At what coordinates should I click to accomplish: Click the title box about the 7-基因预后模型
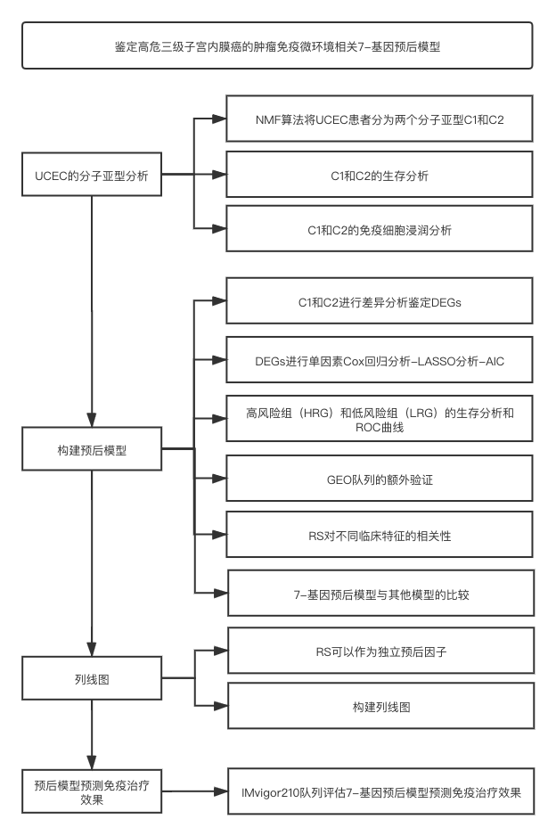277,45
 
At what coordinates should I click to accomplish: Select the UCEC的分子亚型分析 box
92,175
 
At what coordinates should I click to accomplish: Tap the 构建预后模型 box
92,449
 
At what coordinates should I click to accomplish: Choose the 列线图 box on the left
92,678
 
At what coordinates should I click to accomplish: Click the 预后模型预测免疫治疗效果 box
92,791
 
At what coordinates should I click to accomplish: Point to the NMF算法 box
380,119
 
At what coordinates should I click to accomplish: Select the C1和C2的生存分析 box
380,175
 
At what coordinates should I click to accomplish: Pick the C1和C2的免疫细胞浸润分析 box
380,229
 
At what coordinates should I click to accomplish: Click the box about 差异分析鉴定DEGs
380,300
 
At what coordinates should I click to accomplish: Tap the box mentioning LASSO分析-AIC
380,360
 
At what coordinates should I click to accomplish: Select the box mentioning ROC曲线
380,419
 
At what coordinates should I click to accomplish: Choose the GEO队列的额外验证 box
380,479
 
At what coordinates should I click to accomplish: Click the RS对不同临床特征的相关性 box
380,535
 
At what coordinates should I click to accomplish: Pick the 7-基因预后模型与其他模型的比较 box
381,593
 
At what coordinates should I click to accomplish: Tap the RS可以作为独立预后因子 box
381,651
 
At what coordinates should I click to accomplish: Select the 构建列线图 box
381,706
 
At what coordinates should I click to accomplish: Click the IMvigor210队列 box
381,791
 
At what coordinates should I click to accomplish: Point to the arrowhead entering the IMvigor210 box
221,791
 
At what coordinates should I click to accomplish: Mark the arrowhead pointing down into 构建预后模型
92,420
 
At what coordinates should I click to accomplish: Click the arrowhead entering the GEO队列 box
219,479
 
